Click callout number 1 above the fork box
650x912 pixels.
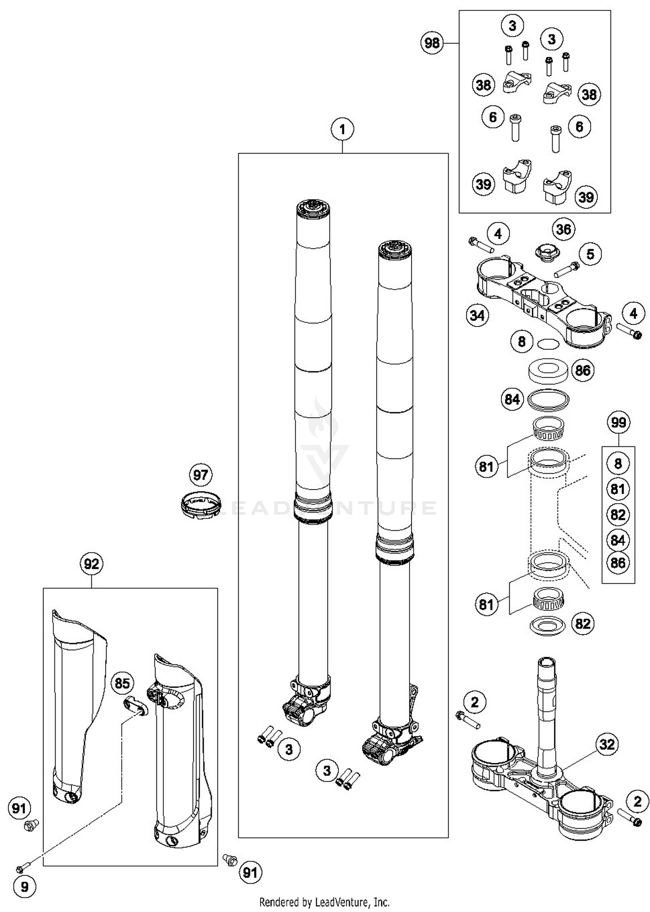point(342,129)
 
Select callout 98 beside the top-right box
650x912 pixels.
point(432,43)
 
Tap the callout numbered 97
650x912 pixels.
point(201,475)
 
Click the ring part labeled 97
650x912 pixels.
point(201,504)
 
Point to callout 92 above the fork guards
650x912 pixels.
point(91,564)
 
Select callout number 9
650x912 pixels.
point(24,887)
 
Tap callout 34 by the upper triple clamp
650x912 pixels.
point(477,315)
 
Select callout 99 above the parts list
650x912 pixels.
point(618,422)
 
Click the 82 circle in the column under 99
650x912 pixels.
point(618,515)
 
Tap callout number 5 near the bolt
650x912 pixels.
point(590,254)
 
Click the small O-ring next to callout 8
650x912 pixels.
point(548,344)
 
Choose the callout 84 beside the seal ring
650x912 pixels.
point(512,399)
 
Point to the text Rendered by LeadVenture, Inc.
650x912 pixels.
point(324,902)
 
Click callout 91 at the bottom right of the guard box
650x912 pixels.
point(250,872)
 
